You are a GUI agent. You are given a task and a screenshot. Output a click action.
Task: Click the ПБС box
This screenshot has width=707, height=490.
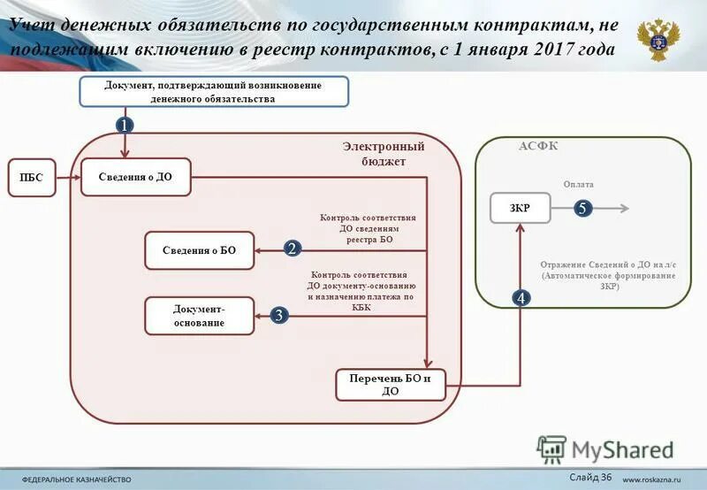31,178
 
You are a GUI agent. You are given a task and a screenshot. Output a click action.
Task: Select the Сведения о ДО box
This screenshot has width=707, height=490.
136,177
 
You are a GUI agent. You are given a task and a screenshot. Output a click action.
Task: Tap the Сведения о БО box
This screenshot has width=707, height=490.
199,250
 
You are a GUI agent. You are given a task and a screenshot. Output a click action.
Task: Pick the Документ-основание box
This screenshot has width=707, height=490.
199,316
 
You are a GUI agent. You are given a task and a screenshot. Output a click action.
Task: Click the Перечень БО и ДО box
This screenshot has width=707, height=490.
391,385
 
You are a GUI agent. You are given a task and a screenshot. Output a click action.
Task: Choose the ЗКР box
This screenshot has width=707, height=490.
520,209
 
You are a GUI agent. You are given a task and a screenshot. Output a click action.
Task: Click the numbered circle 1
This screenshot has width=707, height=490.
125,126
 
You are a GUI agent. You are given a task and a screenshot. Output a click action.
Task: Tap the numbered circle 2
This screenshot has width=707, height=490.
292,249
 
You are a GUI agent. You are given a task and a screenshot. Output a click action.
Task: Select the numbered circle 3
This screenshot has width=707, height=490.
278,315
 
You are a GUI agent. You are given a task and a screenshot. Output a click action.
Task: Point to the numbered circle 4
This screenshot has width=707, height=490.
521,299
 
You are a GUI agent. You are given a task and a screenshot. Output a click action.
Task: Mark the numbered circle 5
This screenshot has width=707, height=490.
582,209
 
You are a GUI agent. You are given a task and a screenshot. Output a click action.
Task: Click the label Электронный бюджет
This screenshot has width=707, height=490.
384,154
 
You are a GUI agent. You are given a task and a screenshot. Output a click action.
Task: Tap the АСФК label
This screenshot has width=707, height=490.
538,146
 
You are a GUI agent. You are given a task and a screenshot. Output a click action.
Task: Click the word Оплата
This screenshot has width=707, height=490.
579,184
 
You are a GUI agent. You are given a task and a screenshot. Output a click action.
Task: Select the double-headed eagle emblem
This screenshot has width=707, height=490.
658,41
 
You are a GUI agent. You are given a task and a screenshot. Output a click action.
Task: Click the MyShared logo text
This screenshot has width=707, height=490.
622,449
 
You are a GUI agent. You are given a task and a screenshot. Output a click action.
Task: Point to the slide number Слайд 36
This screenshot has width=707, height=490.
590,478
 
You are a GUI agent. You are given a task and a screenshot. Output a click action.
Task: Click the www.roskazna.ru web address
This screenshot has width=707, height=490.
656,479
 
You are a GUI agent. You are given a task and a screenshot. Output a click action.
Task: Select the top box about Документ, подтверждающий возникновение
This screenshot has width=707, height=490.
213,92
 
